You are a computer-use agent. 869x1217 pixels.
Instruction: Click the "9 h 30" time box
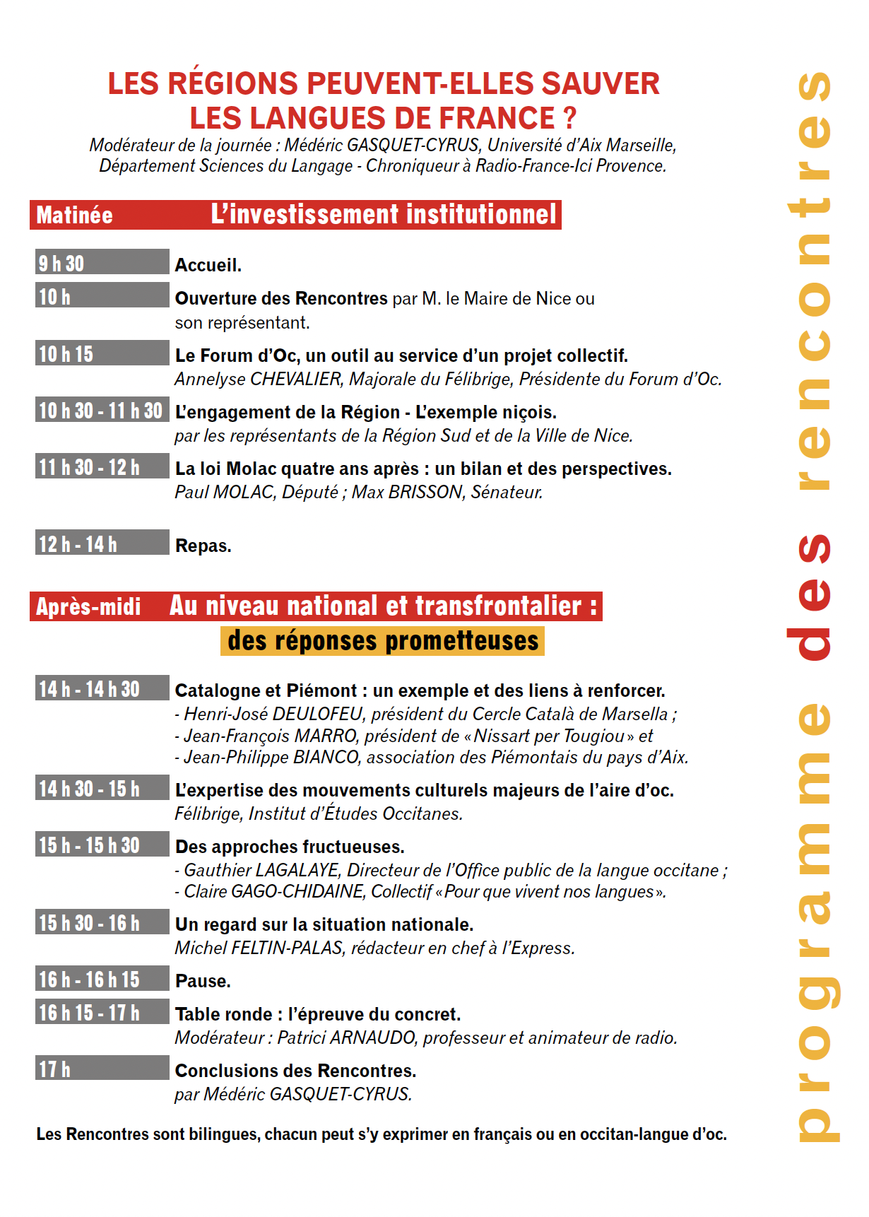point(102,262)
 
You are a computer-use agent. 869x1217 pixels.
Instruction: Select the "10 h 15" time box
point(102,353)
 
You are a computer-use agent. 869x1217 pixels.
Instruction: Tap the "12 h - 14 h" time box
point(102,543)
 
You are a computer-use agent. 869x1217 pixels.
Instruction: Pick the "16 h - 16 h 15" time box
point(102,978)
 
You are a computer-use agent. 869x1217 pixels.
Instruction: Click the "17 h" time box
point(102,1068)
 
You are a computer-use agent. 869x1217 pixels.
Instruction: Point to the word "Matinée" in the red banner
point(74,215)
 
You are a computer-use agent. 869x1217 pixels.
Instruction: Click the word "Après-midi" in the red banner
point(88,606)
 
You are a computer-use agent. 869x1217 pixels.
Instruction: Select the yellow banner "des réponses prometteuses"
point(382,641)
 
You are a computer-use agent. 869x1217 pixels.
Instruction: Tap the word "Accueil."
point(208,265)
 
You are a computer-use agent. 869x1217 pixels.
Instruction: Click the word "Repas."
point(203,546)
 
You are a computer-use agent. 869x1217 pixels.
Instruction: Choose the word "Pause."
point(203,981)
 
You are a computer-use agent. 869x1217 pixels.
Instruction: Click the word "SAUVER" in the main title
point(601,83)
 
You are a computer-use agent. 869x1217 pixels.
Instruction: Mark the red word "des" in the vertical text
point(813,597)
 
